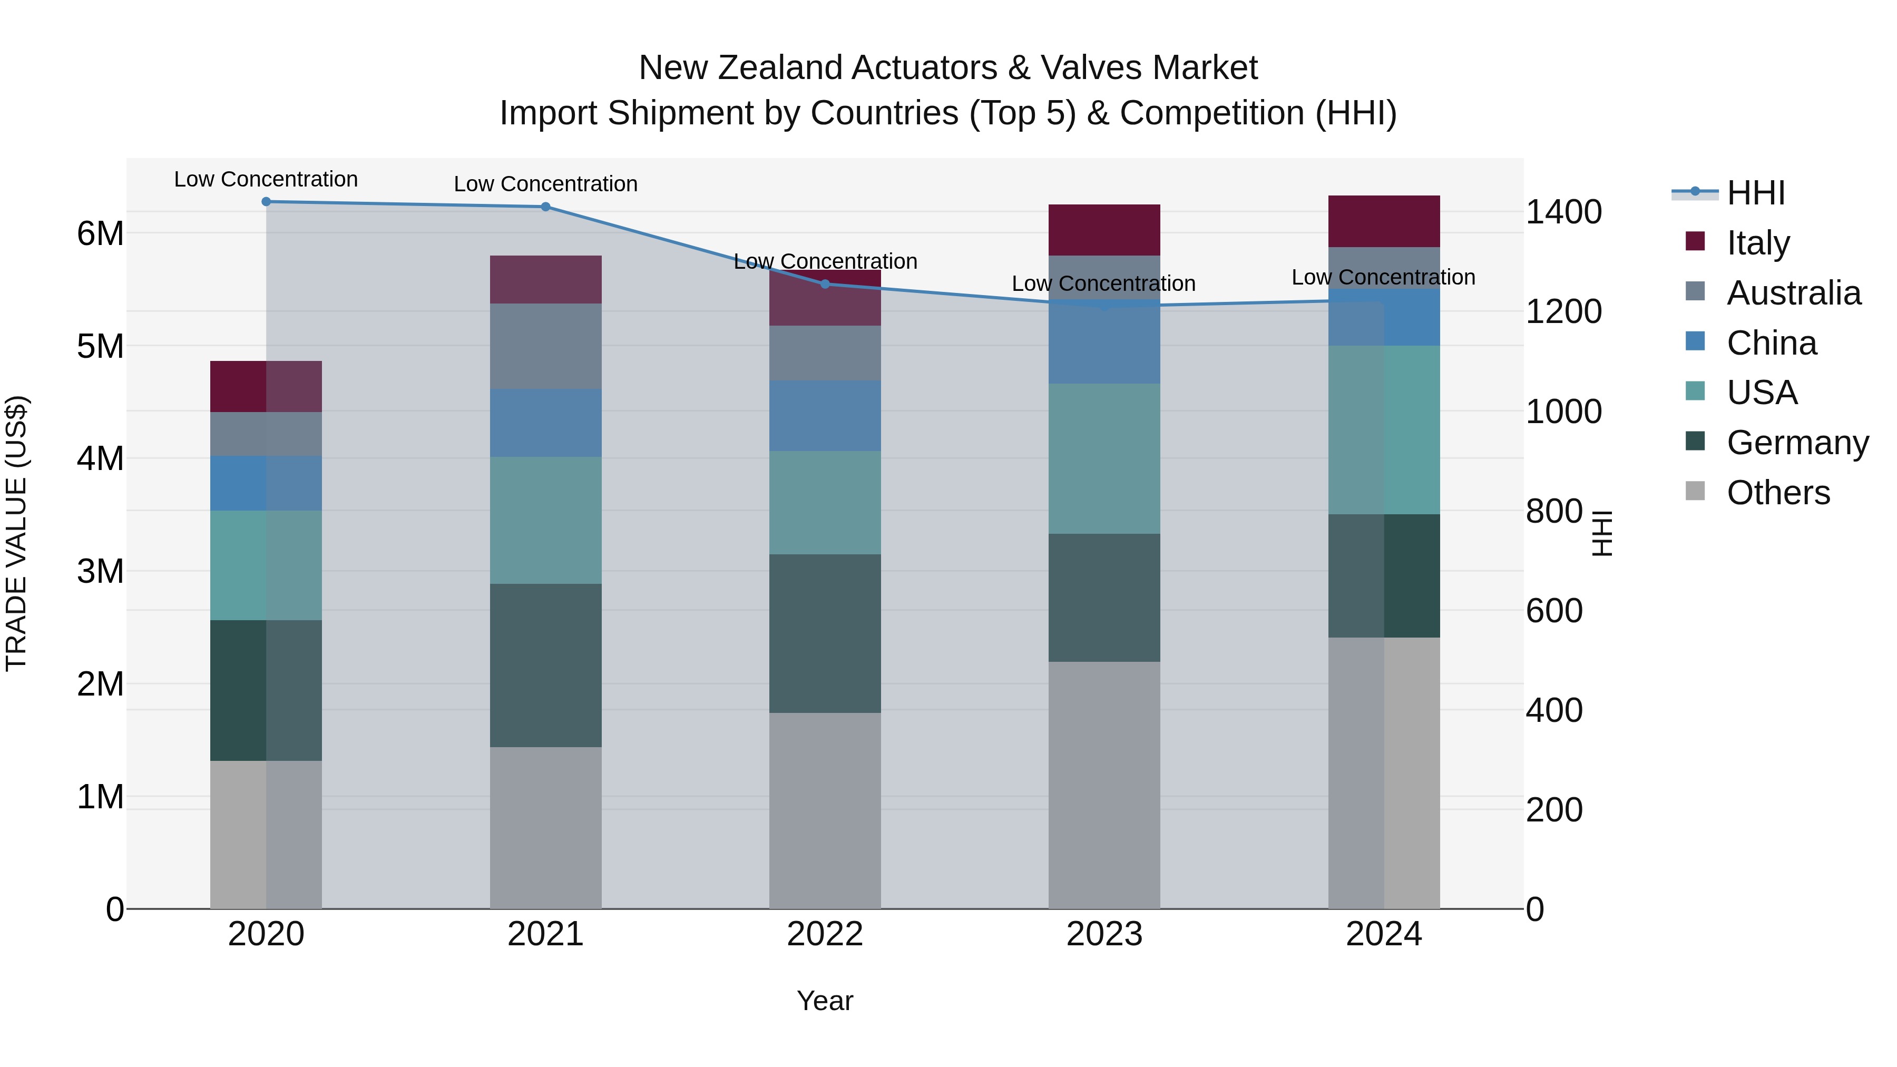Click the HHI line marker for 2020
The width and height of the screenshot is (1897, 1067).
pos(266,202)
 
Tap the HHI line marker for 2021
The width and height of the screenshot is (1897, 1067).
pos(546,207)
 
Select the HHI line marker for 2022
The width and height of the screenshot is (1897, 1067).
pos(825,284)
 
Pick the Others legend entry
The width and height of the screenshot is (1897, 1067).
pos(1778,493)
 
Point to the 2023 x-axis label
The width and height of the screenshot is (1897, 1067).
pos(1104,934)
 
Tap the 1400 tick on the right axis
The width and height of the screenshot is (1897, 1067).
pos(1563,212)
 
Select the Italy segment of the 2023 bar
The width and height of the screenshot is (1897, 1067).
pos(1104,230)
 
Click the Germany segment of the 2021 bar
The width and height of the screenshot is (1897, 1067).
pos(546,665)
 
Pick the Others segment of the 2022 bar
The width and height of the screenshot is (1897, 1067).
pos(825,810)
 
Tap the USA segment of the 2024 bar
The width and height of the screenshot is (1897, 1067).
pos(1384,429)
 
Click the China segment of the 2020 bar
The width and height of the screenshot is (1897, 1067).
pos(266,483)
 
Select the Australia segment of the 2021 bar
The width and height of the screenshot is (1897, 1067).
pos(546,346)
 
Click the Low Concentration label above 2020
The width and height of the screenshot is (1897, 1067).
pos(266,180)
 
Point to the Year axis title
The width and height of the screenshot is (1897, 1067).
pos(825,1001)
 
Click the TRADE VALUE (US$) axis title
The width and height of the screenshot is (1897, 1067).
pos(16,533)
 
